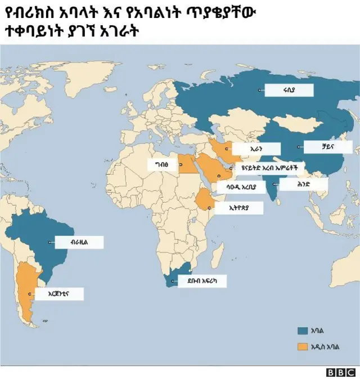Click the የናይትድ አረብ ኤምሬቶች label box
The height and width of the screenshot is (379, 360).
(264, 168)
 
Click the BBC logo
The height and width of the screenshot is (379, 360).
(341, 372)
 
